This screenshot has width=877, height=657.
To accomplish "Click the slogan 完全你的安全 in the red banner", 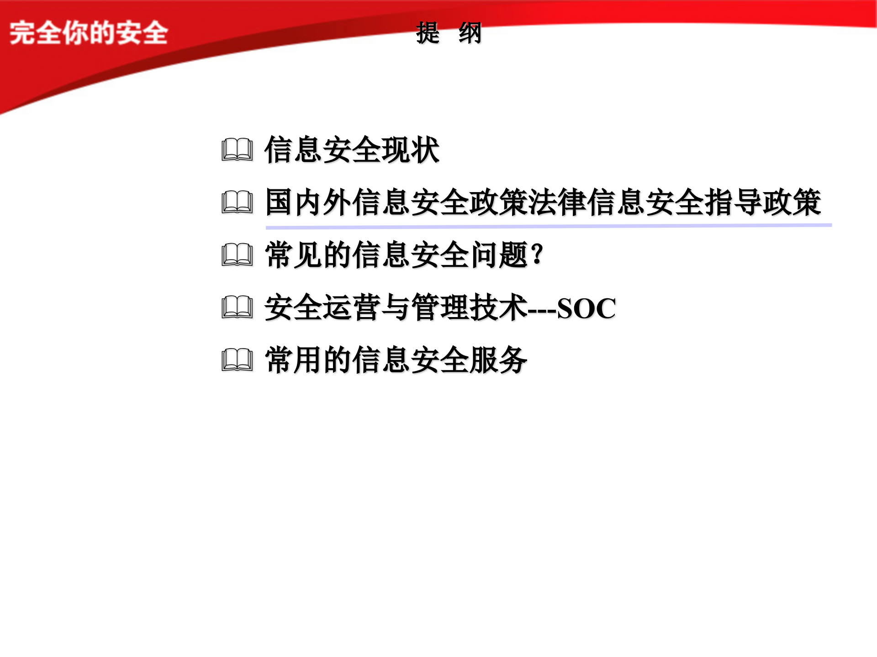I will coord(89,33).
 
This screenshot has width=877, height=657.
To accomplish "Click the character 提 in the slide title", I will coord(428,33).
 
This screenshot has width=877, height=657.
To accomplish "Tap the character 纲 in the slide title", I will coord(470,33).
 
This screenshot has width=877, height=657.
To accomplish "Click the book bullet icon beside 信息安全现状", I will coord(237,150).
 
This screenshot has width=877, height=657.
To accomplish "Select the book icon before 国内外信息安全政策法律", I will coord(237,202).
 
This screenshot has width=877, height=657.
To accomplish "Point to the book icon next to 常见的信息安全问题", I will coord(237,255).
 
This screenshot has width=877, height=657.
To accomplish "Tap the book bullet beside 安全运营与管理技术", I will coord(237,308).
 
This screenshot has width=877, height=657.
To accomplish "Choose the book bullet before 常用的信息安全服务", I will coord(237,360).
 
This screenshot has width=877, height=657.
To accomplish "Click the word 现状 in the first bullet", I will coord(410,150).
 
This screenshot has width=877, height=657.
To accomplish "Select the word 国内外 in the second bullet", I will coord(309,202).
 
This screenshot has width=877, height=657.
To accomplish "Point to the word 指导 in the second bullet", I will coord(734,202).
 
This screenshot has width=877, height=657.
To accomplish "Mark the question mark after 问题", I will coord(538,254).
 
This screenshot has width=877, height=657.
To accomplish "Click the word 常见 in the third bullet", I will coord(294,255).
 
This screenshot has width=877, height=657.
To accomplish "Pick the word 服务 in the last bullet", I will coord(498,360).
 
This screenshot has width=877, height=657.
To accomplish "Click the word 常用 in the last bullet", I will coord(294,360).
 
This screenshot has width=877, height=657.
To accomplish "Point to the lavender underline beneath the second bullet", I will coord(548,226).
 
